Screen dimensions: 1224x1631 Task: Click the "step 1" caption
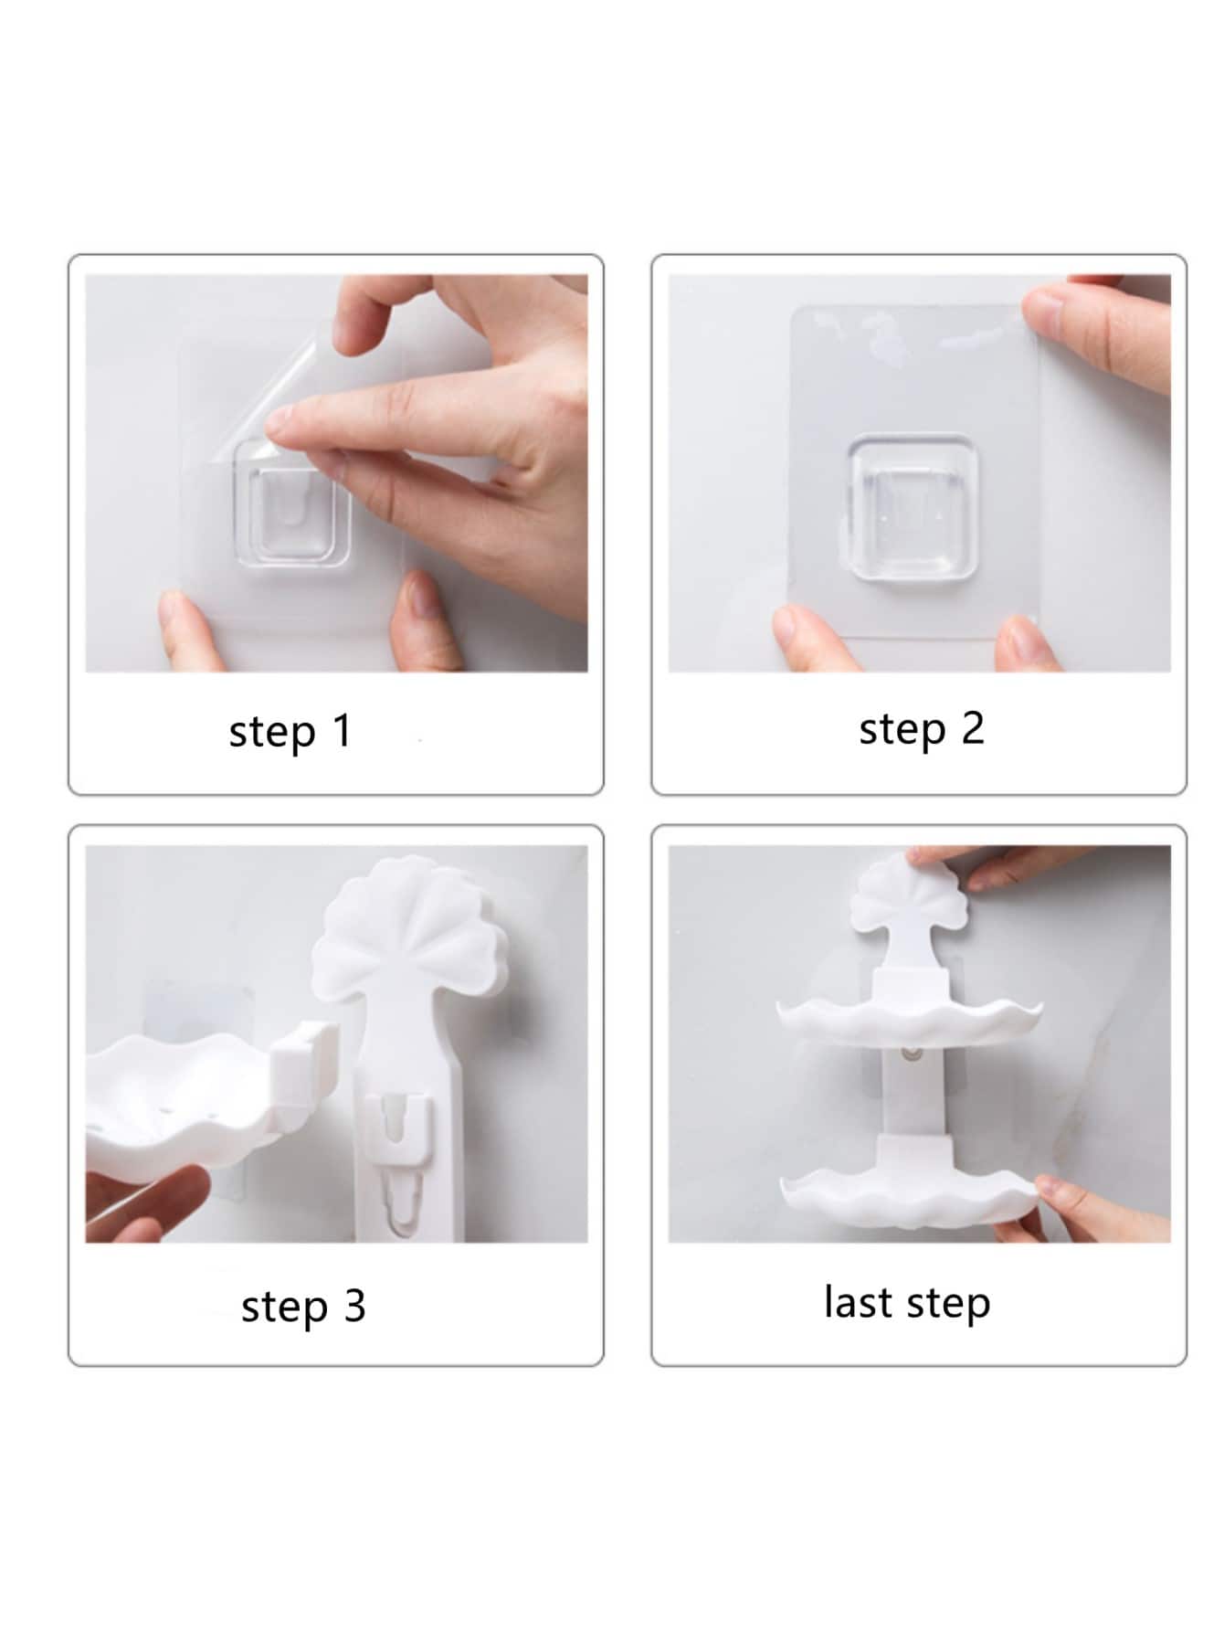click(290, 732)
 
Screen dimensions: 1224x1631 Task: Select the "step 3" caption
click(303, 1306)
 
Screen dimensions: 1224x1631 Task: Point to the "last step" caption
click(907, 1302)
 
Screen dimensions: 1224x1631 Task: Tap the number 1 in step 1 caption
click(343, 730)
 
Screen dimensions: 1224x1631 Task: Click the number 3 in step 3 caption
click(355, 1306)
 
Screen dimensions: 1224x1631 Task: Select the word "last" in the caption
click(858, 1301)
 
